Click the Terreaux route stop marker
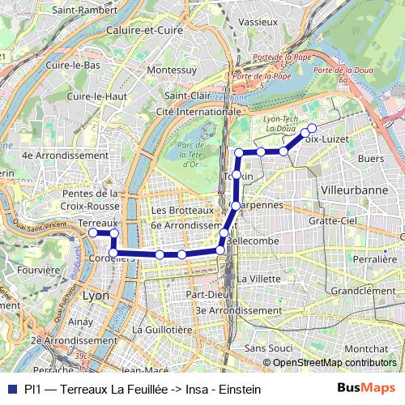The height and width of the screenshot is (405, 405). (x=92, y=232)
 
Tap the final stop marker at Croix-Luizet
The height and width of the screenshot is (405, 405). (x=312, y=127)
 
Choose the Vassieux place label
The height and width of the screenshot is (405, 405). (x=259, y=20)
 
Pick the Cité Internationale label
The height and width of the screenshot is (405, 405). (x=198, y=111)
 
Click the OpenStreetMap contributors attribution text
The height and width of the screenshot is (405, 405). (x=334, y=363)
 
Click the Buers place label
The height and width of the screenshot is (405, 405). (x=369, y=159)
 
